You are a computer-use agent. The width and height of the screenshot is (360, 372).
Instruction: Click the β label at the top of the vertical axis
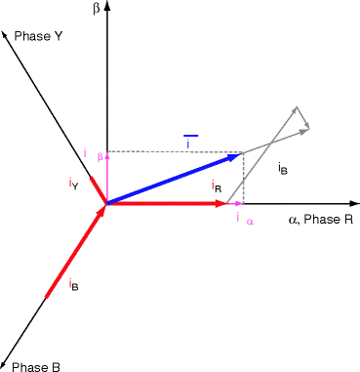click(x=97, y=10)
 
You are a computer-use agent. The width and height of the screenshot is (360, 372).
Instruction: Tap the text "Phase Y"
click(x=39, y=36)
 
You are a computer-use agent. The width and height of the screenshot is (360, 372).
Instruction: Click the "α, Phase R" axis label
click(x=321, y=221)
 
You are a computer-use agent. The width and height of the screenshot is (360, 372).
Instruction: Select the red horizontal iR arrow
click(x=166, y=204)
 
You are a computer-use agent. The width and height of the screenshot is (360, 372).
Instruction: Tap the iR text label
click(x=217, y=185)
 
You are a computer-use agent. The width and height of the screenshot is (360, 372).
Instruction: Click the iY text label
click(x=73, y=184)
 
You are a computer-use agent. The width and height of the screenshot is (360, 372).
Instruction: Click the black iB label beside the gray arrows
click(x=282, y=169)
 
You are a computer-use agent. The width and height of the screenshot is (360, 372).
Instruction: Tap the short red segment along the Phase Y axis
click(x=98, y=188)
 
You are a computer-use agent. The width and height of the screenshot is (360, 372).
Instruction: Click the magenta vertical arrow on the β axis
click(x=106, y=176)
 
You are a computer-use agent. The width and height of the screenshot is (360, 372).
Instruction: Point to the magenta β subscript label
click(x=100, y=156)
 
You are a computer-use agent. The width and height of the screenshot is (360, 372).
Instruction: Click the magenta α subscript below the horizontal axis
click(x=250, y=222)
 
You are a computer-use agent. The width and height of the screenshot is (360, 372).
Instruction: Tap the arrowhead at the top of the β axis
click(x=106, y=6)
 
